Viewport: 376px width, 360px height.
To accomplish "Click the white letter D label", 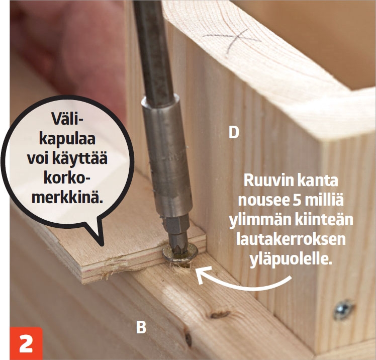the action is (234, 132).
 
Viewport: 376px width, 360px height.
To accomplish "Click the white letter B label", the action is (141, 327).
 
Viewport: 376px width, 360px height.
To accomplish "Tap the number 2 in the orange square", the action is (26, 343).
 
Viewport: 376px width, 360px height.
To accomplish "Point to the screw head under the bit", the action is (180, 253).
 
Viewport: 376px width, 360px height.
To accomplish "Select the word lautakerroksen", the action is (291, 239).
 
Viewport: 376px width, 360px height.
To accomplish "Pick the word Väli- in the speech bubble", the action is (65, 119).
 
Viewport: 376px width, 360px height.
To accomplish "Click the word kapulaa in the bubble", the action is (67, 139).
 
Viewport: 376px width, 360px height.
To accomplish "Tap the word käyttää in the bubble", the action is (81, 158).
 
